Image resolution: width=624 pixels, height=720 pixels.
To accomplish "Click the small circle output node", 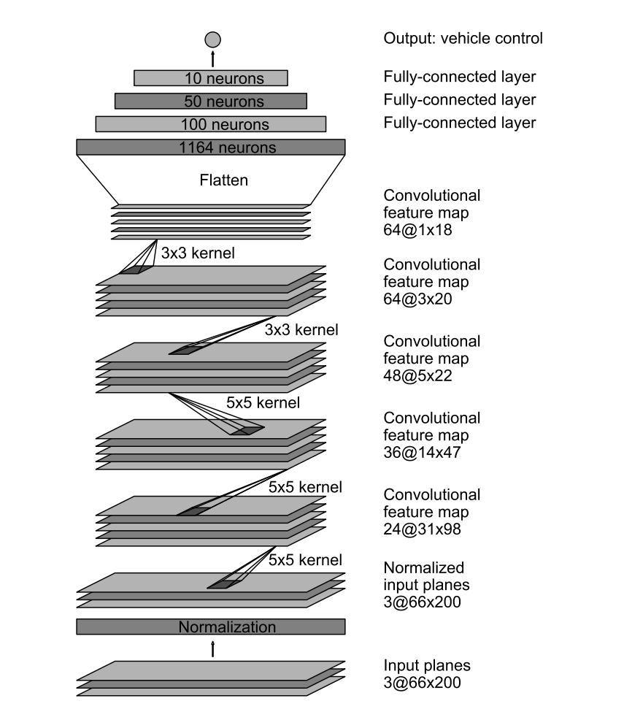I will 212,39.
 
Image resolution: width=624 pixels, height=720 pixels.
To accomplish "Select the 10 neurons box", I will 211,77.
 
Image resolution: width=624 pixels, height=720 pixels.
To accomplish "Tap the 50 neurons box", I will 211,101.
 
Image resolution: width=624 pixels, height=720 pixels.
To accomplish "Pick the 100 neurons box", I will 211,124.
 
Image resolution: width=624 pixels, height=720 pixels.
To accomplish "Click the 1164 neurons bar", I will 211,148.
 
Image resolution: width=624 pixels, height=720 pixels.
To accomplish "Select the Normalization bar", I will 211,627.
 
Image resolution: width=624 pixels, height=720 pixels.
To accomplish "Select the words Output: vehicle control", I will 463,39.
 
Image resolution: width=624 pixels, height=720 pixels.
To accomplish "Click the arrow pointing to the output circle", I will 212,58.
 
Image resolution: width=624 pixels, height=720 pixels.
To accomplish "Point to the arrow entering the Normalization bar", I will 212,648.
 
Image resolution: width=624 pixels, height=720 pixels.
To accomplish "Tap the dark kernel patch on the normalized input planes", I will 223,583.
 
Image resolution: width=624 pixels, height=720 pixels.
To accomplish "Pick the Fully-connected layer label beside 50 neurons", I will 460,100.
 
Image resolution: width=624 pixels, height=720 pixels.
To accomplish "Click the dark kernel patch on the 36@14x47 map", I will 247,430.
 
